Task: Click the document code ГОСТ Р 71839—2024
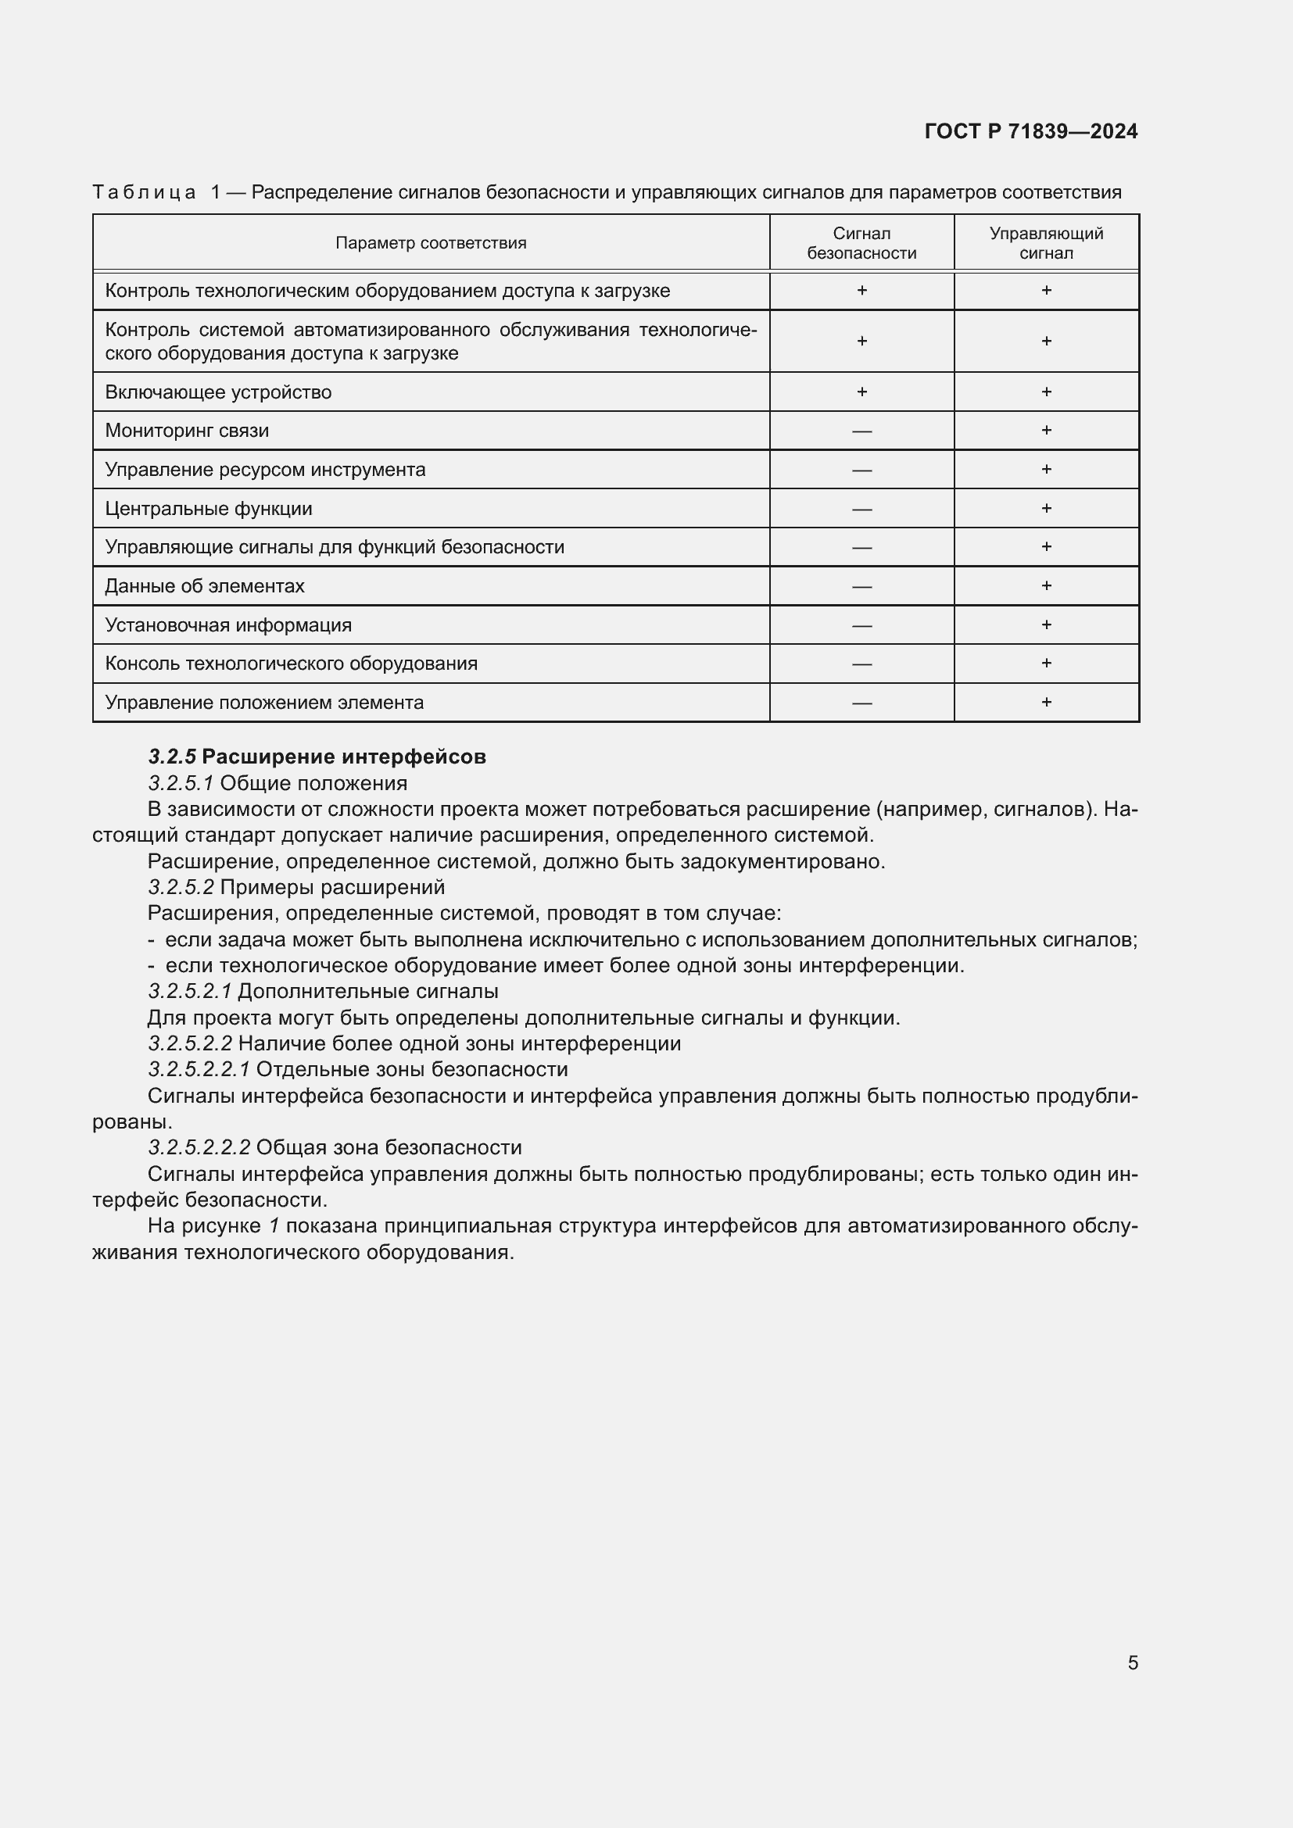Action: [x=1031, y=131]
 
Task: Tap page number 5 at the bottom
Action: [x=1132, y=1662]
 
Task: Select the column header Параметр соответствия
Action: [x=431, y=243]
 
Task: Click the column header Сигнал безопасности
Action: [x=861, y=243]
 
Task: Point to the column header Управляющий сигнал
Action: [x=1045, y=243]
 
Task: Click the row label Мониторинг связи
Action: [x=187, y=431]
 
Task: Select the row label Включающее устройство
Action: [x=218, y=392]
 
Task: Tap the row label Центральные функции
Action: [x=209, y=509]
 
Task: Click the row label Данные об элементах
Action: [x=205, y=586]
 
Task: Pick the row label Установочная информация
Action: [x=228, y=625]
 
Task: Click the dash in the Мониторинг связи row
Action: [x=861, y=431]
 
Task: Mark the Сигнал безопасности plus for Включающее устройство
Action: [x=861, y=392]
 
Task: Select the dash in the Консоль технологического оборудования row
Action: [x=861, y=664]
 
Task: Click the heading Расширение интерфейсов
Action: [x=344, y=757]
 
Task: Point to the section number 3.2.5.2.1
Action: [x=189, y=991]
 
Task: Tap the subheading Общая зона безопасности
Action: [x=389, y=1147]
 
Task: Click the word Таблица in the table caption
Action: [x=144, y=192]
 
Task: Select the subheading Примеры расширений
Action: [x=332, y=887]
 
